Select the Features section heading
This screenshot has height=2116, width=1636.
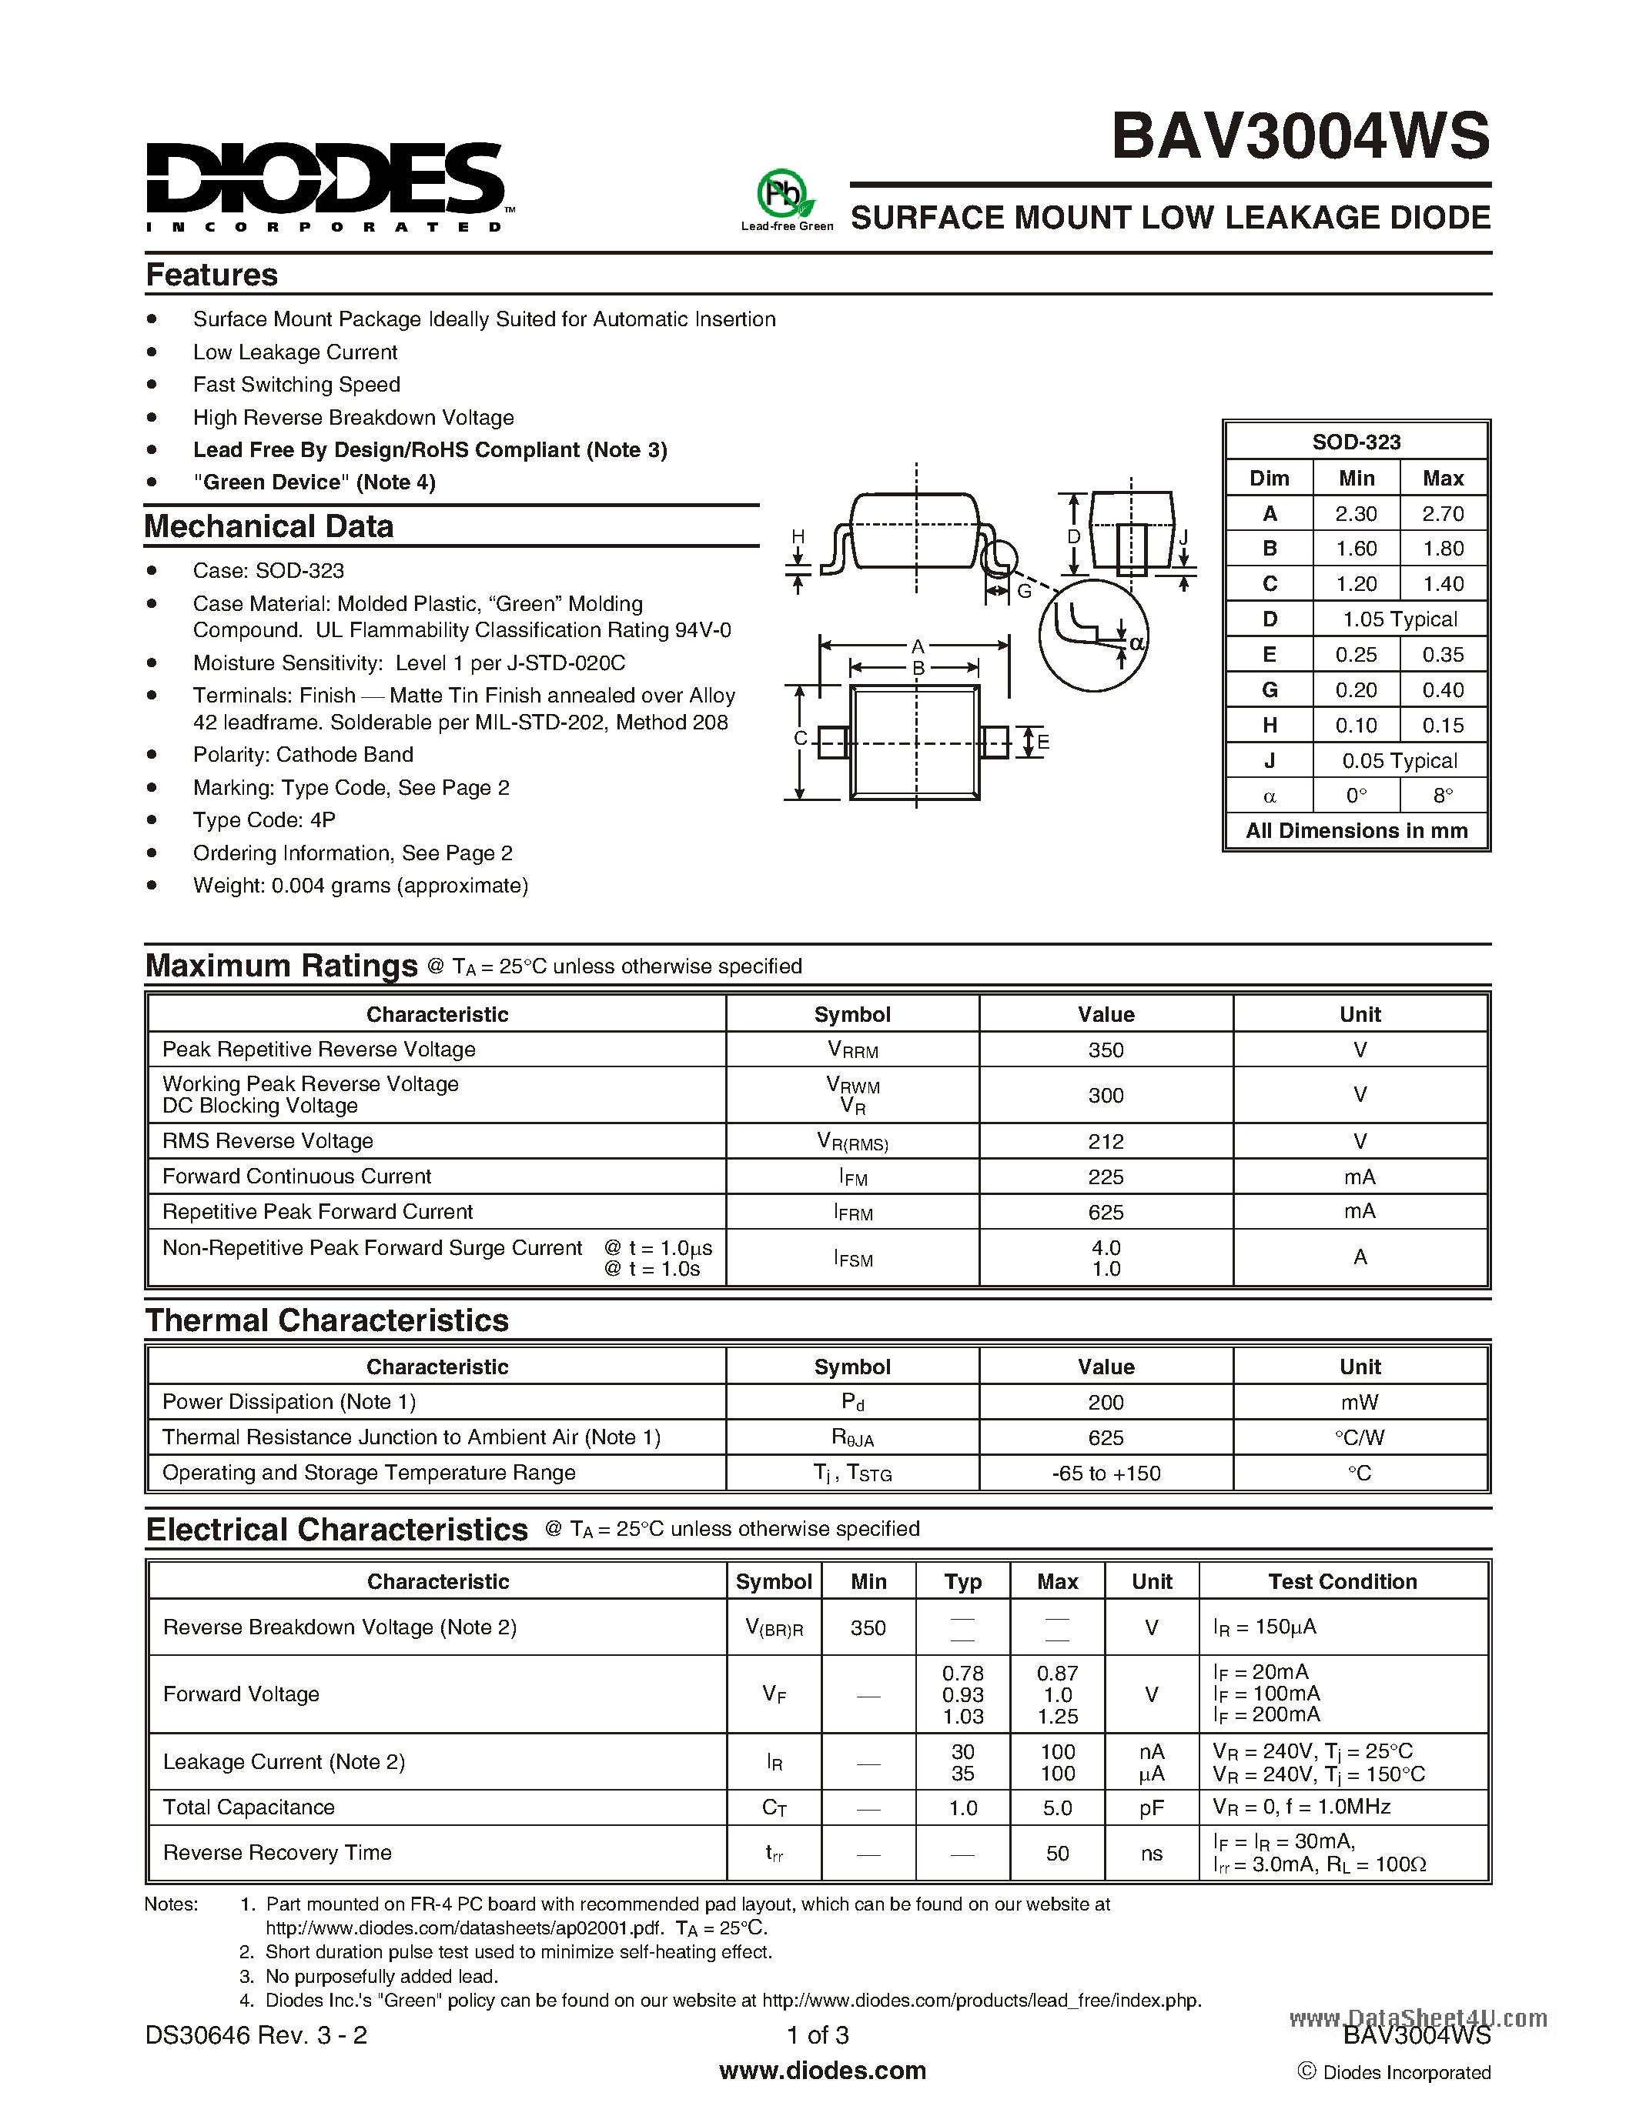[211, 275]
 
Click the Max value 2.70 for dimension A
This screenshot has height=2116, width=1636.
[1442, 513]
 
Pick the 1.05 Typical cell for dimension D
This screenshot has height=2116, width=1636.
[1399, 619]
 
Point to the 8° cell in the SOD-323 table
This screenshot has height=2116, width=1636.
[1442, 796]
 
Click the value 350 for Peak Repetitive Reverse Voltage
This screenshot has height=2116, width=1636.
[1105, 1050]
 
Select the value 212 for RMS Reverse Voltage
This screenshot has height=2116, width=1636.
[1105, 1141]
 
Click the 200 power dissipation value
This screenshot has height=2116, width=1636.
[1105, 1402]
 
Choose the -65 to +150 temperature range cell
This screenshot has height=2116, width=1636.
[1105, 1473]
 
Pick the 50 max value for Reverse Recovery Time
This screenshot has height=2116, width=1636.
[1056, 1854]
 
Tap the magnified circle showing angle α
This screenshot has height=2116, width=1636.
[1092, 636]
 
